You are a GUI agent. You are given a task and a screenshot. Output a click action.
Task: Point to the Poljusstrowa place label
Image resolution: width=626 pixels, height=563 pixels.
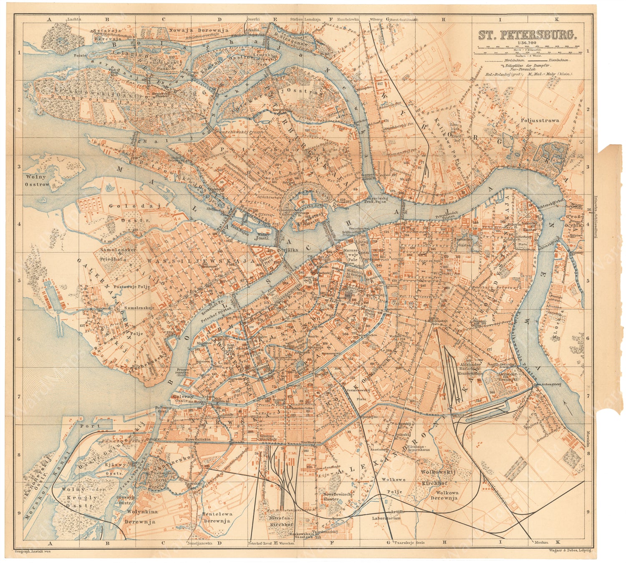pos(540,121)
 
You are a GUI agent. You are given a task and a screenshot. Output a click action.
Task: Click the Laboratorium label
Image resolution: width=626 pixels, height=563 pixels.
pos(386,518)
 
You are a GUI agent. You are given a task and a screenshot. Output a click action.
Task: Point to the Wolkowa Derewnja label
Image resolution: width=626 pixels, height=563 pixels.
pos(444,495)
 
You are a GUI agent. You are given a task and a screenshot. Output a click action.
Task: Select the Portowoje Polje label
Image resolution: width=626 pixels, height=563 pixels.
pos(134,287)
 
